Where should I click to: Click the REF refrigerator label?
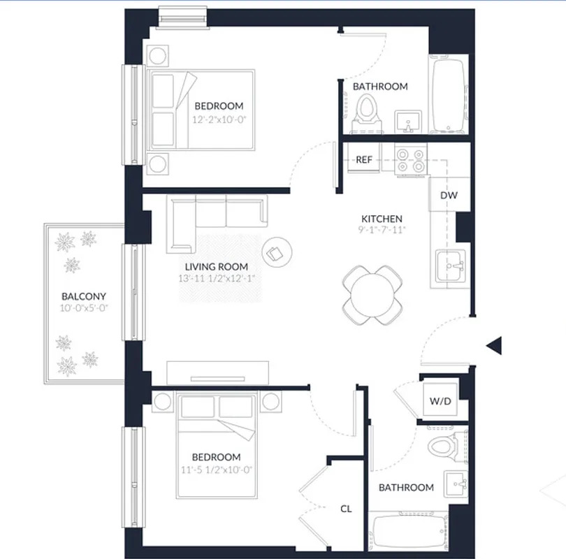click(x=364, y=159)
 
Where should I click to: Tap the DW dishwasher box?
click(x=449, y=195)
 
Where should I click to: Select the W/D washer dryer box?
click(x=440, y=402)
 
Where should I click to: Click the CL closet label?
click(x=346, y=509)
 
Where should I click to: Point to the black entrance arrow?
click(x=495, y=345)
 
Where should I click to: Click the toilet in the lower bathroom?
click(x=442, y=445)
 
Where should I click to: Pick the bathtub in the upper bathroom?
click(x=448, y=96)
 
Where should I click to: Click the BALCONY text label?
click(x=84, y=296)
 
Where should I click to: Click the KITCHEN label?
click(x=382, y=219)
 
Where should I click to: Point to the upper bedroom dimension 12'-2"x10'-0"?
click(x=219, y=119)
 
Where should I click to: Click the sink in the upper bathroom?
click(x=407, y=121)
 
